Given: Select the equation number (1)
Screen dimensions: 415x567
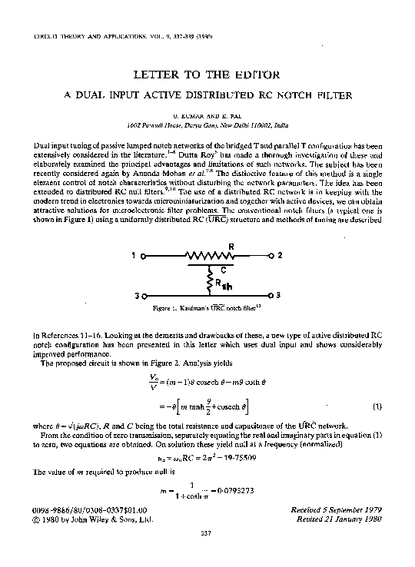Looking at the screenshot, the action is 377,405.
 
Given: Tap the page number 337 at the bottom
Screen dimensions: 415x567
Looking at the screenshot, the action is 206,532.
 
